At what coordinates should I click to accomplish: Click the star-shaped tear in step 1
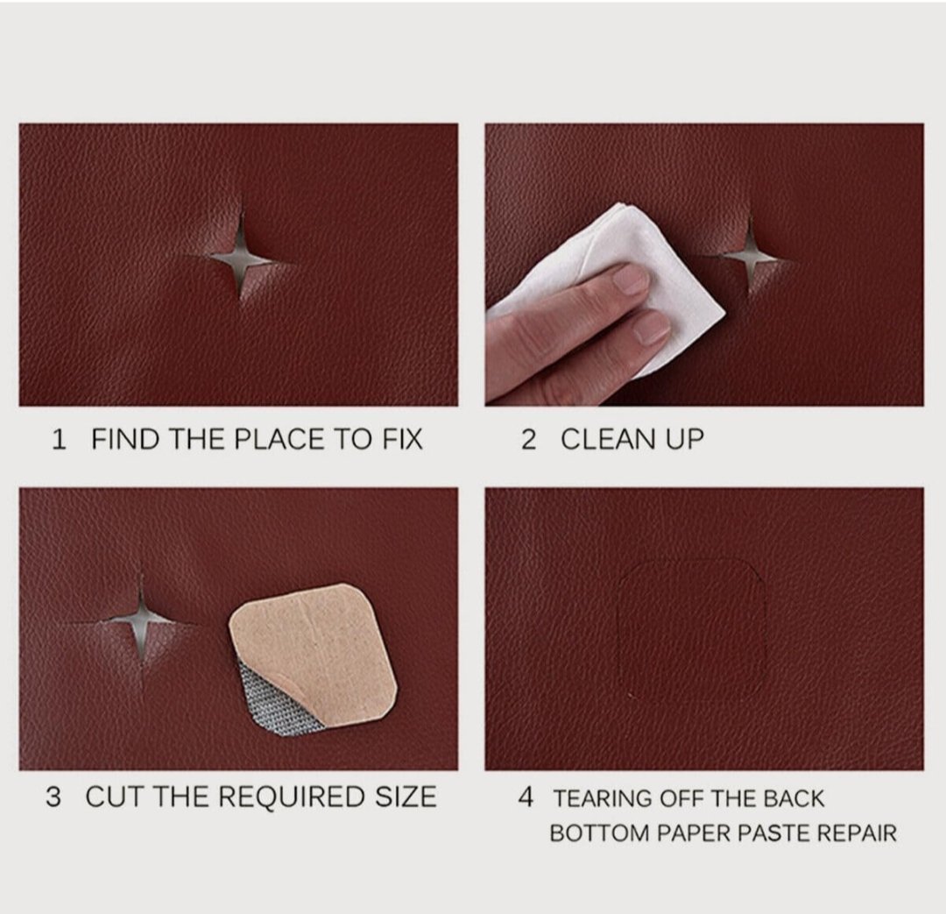[241, 259]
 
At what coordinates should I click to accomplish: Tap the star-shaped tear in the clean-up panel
[750, 258]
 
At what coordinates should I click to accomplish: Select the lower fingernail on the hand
[652, 328]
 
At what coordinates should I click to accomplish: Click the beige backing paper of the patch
[317, 646]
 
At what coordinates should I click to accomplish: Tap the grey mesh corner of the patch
[265, 700]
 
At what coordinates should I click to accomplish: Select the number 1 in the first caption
[59, 440]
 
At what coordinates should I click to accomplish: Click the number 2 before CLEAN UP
[528, 440]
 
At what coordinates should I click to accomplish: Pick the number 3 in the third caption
[53, 797]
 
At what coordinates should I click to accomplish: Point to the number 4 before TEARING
[526, 797]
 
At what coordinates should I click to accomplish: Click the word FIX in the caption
[402, 440]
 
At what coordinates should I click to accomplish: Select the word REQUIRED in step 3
[292, 797]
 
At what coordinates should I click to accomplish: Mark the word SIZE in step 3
[406, 797]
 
